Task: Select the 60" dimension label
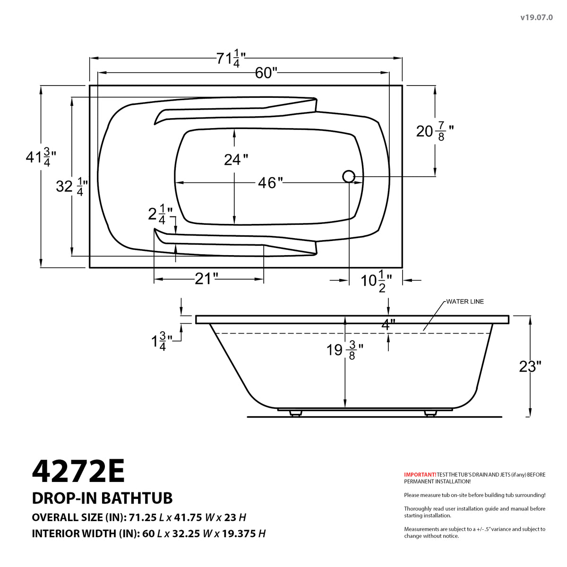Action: pyautogui.click(x=266, y=73)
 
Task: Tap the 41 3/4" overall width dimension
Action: pyautogui.click(x=41, y=156)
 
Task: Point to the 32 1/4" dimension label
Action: pyautogui.click(x=69, y=186)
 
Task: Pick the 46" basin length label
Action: pyautogui.click(x=270, y=182)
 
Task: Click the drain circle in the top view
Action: pyautogui.click(x=349, y=176)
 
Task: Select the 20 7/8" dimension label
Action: pyautogui.click(x=435, y=131)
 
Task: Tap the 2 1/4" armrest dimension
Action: pyautogui.click(x=160, y=214)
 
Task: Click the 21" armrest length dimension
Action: pyautogui.click(x=206, y=279)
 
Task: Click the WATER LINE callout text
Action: pyautogui.click(x=465, y=301)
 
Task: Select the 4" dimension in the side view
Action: pyautogui.click(x=388, y=325)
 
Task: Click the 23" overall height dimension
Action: pyautogui.click(x=530, y=366)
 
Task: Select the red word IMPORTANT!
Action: pyautogui.click(x=420, y=474)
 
